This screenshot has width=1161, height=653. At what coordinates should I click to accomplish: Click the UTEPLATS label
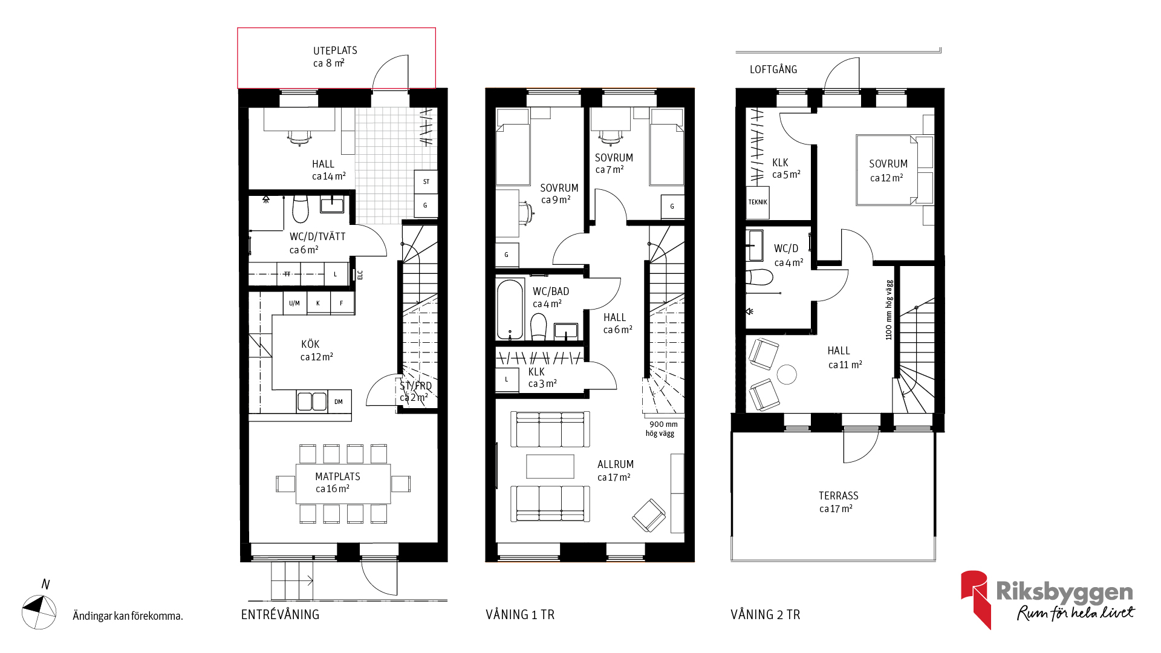coord(335,51)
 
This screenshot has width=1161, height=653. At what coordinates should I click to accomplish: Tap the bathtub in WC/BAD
coord(510,309)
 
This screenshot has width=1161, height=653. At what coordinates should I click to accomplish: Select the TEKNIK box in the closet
coord(758,202)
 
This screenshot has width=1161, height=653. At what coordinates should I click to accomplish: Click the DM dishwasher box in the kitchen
coord(339,401)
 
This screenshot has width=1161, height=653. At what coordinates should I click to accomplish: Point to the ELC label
coord(360,275)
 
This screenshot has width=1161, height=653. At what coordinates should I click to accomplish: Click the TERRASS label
coord(838,496)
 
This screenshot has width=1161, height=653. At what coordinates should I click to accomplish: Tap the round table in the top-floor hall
coord(787,375)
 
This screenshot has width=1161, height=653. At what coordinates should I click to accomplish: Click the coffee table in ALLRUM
coord(550,466)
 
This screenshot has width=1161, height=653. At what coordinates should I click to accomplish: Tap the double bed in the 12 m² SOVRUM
coord(887,171)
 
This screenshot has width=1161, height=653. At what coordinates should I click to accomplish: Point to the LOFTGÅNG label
coord(773,70)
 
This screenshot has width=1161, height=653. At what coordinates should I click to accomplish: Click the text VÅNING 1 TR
coord(520,615)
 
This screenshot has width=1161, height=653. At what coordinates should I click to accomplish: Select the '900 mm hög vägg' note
coord(661,429)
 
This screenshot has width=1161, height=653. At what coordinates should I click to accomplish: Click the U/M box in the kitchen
coord(294,303)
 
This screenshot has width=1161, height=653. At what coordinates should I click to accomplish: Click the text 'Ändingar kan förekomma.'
coord(128,616)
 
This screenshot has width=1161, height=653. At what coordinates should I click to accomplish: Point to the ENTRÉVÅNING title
coord(280,615)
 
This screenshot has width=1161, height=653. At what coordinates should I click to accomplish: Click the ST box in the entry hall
coord(426,181)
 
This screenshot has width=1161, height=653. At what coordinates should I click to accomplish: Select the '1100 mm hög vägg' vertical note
coord(889,310)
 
